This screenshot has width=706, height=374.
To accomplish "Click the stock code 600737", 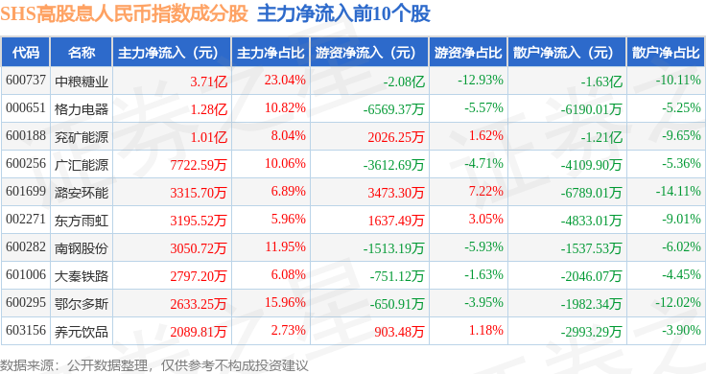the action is pyautogui.click(x=26, y=81).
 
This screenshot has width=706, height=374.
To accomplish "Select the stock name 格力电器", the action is pyautogui.click(x=82, y=109).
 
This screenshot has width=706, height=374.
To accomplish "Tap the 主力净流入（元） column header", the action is pyautogui.click(x=168, y=53).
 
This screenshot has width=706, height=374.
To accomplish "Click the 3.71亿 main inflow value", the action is pyautogui.click(x=208, y=82).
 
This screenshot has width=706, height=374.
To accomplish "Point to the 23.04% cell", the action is pyautogui.click(x=285, y=81).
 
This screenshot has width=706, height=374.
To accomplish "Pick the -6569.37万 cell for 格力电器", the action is pyautogui.click(x=393, y=109).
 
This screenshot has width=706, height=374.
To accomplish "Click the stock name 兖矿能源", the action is pyautogui.click(x=82, y=137).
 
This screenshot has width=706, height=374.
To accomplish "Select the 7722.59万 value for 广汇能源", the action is pyautogui.click(x=199, y=165).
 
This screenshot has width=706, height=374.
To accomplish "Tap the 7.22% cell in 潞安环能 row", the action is pyautogui.click(x=485, y=191).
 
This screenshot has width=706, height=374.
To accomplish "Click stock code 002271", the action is pyautogui.click(x=26, y=220).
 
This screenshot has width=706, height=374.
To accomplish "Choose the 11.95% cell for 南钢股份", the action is pyautogui.click(x=285, y=247).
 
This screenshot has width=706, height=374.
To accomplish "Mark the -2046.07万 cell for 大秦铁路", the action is pyautogui.click(x=591, y=276).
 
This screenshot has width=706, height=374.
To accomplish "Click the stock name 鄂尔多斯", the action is pyautogui.click(x=82, y=304).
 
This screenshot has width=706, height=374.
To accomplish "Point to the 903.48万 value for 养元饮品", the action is pyautogui.click(x=399, y=332).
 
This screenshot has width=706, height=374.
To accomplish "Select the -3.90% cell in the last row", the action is pyautogui.click(x=681, y=330).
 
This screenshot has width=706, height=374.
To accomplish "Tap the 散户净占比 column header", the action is pyautogui.click(x=666, y=53).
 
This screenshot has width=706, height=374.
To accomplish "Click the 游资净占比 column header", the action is pyautogui.click(x=468, y=53).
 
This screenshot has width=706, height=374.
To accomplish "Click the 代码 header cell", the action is pyautogui.click(x=26, y=53).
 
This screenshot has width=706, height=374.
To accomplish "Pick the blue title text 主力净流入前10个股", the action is pyautogui.click(x=343, y=14).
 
